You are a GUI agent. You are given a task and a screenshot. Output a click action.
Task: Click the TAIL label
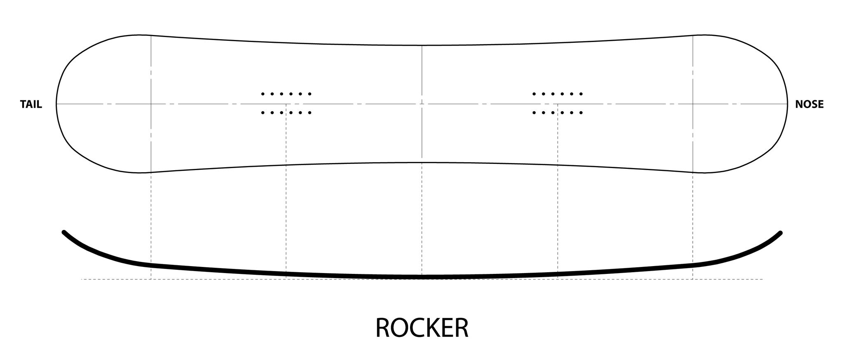coord(31,105)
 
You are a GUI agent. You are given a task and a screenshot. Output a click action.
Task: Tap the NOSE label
coord(809,105)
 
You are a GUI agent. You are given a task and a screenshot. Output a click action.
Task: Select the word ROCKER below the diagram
coord(422,328)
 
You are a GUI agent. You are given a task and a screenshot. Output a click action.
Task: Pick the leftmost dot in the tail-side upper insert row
coord(263,94)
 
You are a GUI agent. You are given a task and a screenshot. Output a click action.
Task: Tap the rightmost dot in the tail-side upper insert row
coord(310,94)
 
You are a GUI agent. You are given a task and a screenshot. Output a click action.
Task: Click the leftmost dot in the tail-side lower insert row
coord(263,112)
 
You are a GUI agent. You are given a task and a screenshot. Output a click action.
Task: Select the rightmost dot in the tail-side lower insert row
coord(310,112)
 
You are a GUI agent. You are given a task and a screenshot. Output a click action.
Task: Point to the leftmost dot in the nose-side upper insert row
coord(534,94)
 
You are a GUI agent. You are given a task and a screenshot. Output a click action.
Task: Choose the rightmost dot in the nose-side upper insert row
coord(581,94)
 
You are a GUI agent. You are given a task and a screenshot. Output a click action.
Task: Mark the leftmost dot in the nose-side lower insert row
coord(534,112)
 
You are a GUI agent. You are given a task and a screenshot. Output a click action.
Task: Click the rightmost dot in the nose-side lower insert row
coord(581,112)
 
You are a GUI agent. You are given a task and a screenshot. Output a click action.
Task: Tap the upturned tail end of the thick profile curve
coord(64,232)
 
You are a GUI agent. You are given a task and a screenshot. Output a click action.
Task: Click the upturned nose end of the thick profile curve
coord(780,233)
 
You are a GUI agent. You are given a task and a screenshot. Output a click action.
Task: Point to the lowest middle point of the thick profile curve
coord(422,276)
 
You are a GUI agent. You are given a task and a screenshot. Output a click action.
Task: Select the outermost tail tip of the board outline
coord(56,104)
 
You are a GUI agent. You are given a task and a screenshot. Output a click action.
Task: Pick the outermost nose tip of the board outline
coord(788,104)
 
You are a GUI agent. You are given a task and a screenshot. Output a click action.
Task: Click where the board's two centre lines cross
coord(422,104)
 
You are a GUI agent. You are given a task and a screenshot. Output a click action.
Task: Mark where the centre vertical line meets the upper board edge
coord(422,45)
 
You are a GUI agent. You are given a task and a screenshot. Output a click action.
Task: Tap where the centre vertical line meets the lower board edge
coord(422,162)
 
